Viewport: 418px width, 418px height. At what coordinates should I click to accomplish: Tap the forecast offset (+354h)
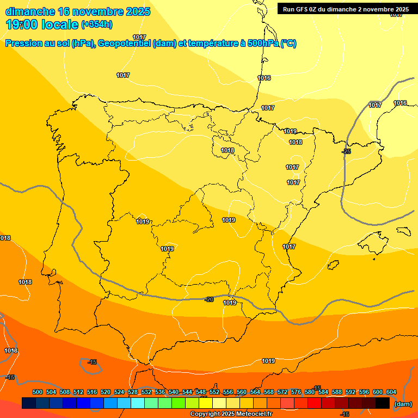pyautogui.click(x=97, y=24)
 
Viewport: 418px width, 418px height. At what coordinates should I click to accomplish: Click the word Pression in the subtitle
pyautogui.click(x=23, y=44)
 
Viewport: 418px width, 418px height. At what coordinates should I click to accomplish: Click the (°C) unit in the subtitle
pyautogui.click(x=288, y=44)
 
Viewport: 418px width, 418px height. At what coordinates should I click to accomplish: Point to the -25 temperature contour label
pyautogui.click(x=346, y=151)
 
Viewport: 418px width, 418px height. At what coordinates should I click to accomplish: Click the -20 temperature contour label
pyautogui.click(x=209, y=299)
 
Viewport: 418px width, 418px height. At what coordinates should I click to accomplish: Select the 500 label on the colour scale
pyautogui.click(x=38, y=392)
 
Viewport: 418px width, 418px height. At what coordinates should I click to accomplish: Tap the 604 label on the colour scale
pyautogui.click(x=391, y=392)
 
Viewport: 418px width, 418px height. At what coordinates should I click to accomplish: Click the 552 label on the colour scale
pyautogui.click(x=214, y=392)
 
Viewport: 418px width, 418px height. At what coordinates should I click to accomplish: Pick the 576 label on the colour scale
pyautogui.click(x=296, y=392)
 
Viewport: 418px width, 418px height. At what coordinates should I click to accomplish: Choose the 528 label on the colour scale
pyautogui.click(x=133, y=392)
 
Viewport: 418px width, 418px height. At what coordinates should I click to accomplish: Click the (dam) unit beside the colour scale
pyautogui.click(x=403, y=403)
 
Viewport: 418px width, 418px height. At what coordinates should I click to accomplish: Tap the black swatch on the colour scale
pyautogui.click(x=383, y=403)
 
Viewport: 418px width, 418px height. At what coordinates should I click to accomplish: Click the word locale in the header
pyautogui.click(x=58, y=24)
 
